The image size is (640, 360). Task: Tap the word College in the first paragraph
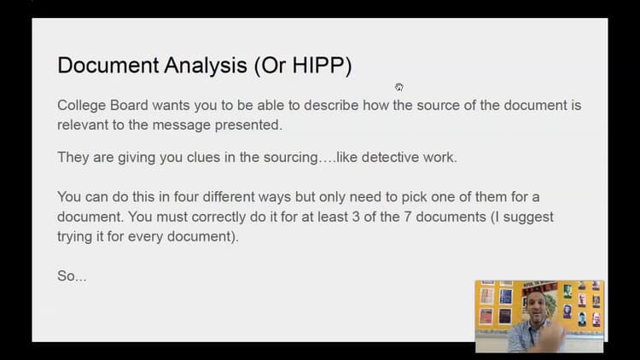(x=83, y=106)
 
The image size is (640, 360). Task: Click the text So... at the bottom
(x=72, y=276)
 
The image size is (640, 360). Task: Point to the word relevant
(x=84, y=125)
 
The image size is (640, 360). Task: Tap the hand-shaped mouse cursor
(x=399, y=86)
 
